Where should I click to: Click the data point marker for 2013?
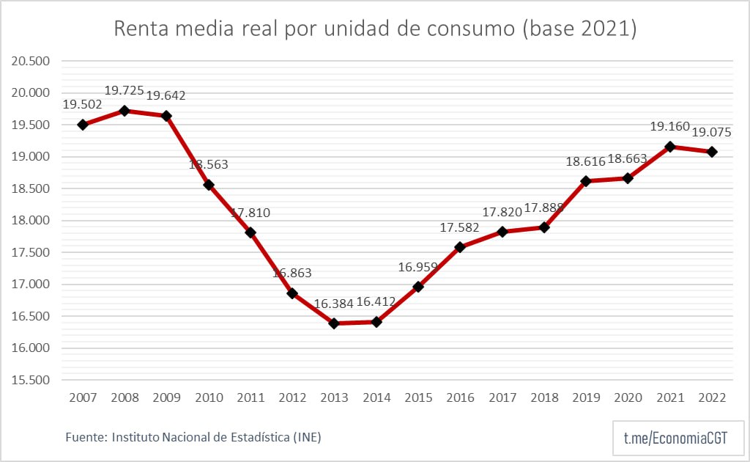pyautogui.click(x=335, y=323)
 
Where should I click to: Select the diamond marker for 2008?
pyautogui.click(x=125, y=111)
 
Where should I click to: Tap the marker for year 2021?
pyautogui.click(x=670, y=147)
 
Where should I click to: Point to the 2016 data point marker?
pyautogui.click(x=460, y=247)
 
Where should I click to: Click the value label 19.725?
pyautogui.click(x=125, y=91)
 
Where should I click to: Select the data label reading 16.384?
pyautogui.click(x=334, y=302)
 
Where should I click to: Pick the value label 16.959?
pyautogui.click(x=418, y=266)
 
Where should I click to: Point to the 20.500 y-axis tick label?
pyautogui.click(x=30, y=61)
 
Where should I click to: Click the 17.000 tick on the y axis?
pyautogui.click(x=30, y=285)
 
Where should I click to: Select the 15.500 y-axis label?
pyautogui.click(x=30, y=381)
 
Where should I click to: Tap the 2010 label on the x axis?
pyautogui.click(x=208, y=397)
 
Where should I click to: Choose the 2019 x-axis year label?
pyautogui.click(x=586, y=397)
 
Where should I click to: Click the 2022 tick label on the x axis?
pyautogui.click(x=712, y=397)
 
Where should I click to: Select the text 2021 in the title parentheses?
pyautogui.click(x=601, y=29)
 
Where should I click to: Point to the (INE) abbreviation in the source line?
pyautogui.click(x=307, y=437)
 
